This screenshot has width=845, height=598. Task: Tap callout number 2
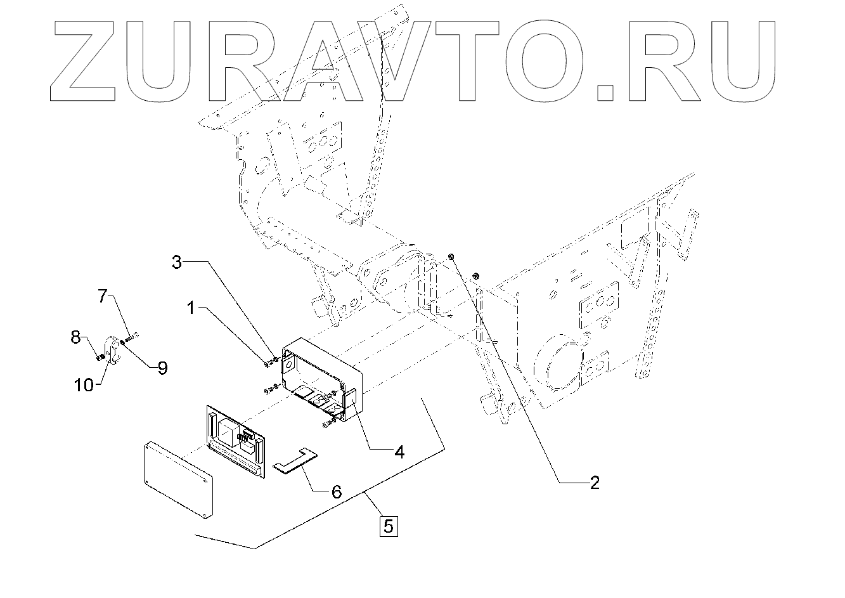pos(593,483)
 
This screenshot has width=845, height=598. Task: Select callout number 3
pos(178,261)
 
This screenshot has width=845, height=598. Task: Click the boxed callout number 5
pos(388,525)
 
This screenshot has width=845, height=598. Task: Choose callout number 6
pos(336,491)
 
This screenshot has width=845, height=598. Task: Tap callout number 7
pos(103,296)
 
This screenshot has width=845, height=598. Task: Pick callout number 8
pos(75,337)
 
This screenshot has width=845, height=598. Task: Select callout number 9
pos(162,368)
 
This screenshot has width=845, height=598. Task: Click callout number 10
pos(83,384)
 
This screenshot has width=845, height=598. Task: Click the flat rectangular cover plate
pos(177,479)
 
